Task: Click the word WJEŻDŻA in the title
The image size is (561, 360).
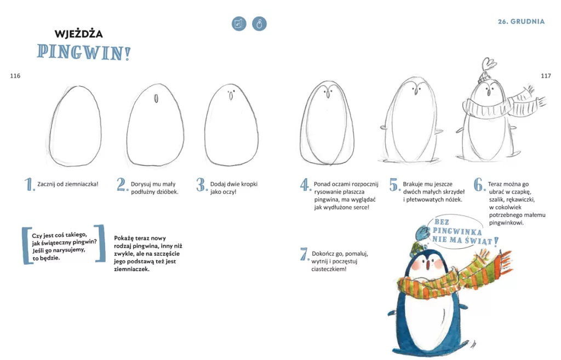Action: point(79,33)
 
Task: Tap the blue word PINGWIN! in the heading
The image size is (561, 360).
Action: point(84,52)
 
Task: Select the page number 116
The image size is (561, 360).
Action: point(15,76)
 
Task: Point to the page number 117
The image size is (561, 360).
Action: point(546,76)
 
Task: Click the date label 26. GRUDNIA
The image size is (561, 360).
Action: point(521,21)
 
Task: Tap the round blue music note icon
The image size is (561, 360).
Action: point(239,24)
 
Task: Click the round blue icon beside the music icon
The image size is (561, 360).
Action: point(259,24)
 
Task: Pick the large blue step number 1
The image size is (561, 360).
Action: point(30,185)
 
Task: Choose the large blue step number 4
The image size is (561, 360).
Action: point(305,185)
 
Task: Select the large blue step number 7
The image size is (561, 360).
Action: point(305,254)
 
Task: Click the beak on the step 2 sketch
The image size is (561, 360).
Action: point(156,99)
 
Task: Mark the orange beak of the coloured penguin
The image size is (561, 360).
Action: point(427,264)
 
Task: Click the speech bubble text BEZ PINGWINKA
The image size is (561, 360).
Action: point(457,226)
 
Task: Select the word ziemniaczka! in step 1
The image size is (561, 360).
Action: point(82,184)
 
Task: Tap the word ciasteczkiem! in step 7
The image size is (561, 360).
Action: point(329,269)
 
